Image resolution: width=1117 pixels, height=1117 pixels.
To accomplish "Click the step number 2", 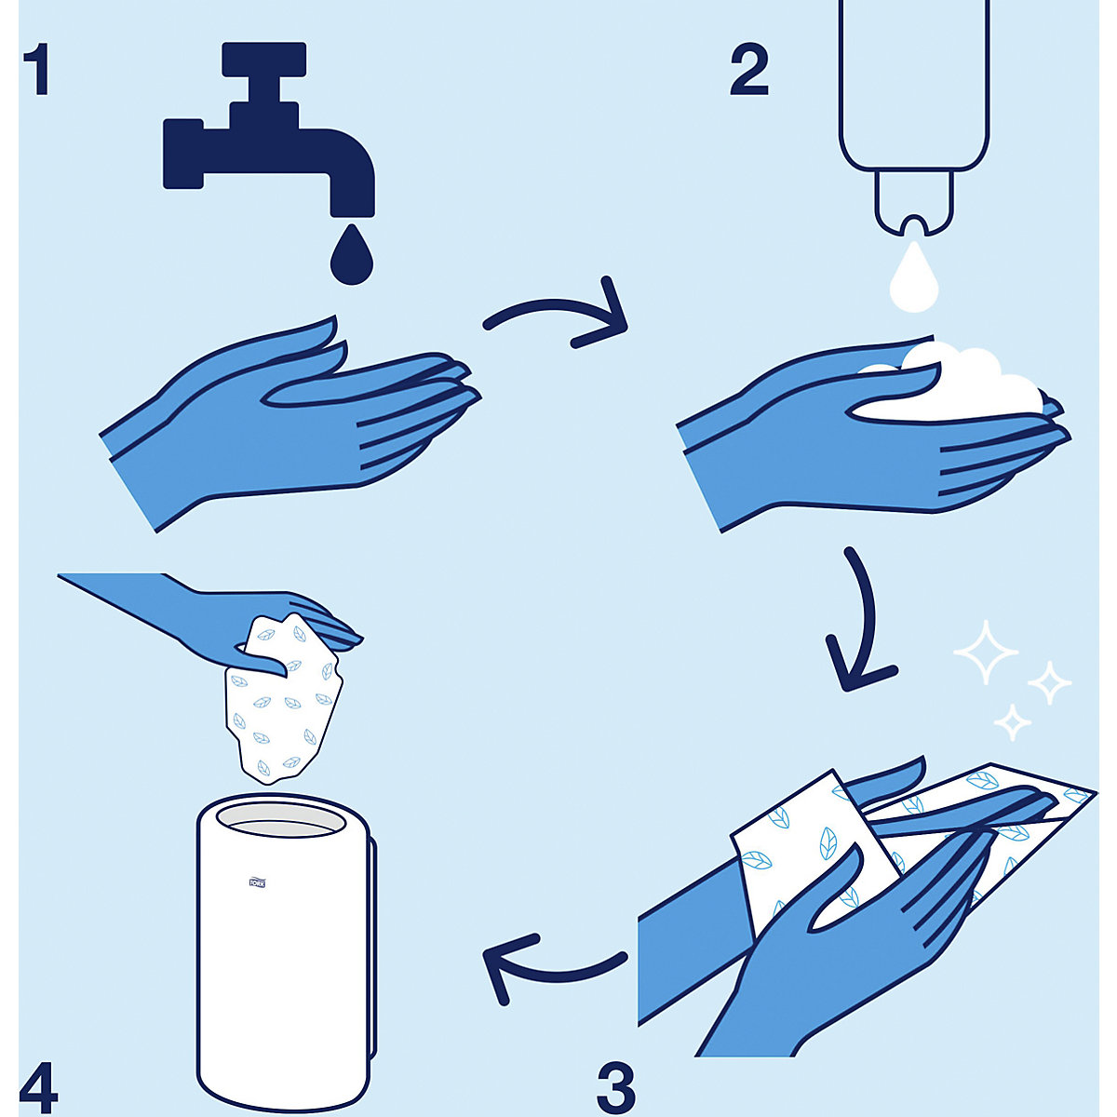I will (x=749, y=70).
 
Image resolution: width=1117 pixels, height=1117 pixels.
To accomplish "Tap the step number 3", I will (x=616, y=1086).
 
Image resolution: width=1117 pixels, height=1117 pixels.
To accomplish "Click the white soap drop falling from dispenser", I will (x=914, y=277).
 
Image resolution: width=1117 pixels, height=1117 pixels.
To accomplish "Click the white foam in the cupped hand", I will (x=968, y=382).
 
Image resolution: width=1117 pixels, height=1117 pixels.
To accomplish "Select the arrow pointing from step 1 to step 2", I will (x=558, y=316).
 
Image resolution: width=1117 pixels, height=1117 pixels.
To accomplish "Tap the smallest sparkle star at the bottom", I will (x=1013, y=721).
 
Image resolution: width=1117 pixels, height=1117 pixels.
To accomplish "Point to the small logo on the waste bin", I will (x=257, y=882).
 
